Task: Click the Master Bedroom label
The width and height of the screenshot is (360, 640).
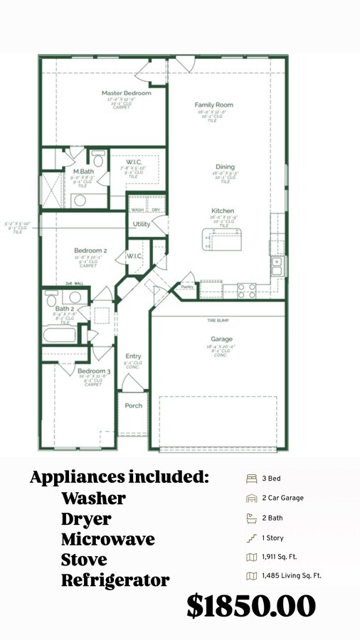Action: [x=126, y=93]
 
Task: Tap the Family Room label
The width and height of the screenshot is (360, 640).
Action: [x=214, y=105]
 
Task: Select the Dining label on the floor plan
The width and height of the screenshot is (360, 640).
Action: [x=225, y=168]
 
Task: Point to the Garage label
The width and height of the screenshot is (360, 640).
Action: [x=221, y=339]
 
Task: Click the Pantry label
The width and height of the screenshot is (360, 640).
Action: [x=187, y=287]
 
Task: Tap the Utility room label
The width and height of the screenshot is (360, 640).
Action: [x=142, y=225]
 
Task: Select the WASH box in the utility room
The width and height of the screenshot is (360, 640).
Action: [x=138, y=210]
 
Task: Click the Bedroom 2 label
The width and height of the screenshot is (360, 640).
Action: [x=91, y=250]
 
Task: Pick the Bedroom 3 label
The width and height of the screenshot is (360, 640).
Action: [x=94, y=372]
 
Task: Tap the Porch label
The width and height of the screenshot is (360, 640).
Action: [x=133, y=405]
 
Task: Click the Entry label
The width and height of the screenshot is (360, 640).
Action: [x=133, y=356]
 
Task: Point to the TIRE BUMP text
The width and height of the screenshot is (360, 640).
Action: [x=217, y=321]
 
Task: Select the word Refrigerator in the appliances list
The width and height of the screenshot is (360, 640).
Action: [x=115, y=580]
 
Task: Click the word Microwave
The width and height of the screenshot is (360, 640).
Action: [x=107, y=539]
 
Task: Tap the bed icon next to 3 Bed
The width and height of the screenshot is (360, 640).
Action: [x=250, y=479]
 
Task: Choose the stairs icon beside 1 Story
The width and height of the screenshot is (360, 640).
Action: [x=250, y=538]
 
